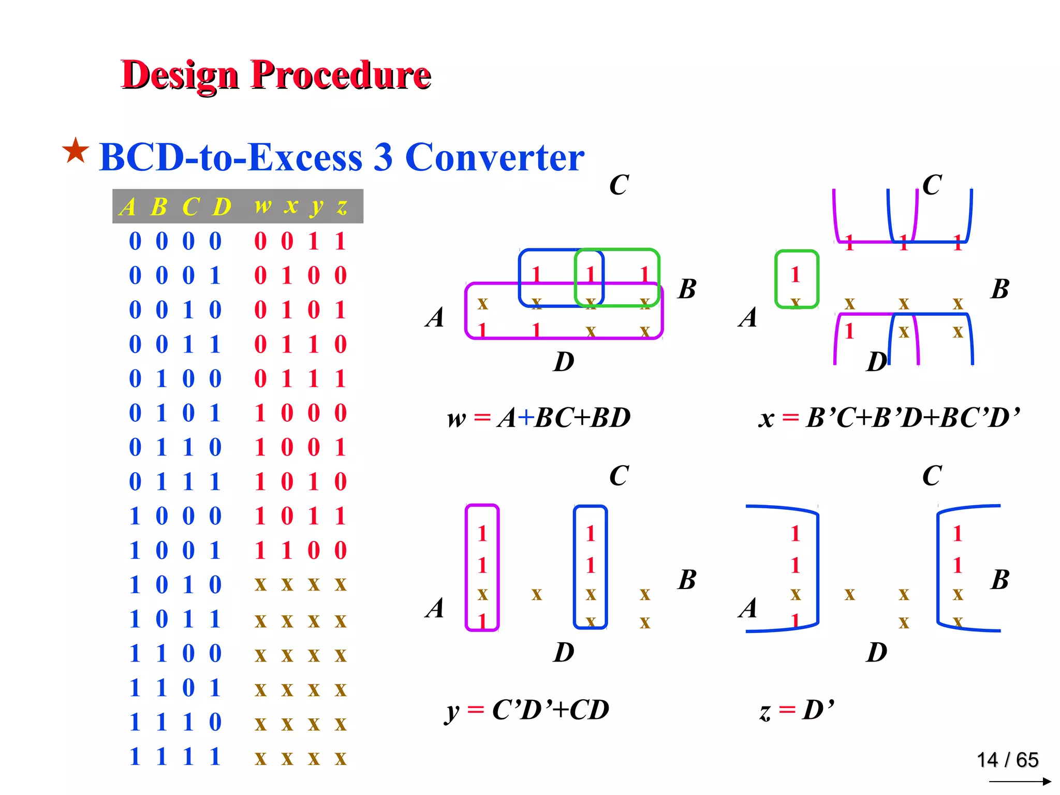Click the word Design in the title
[x=179, y=75]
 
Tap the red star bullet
[x=76, y=151]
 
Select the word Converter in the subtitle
[x=494, y=157]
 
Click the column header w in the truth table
[x=262, y=206]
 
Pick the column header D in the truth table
[x=222, y=207]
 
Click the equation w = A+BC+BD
[x=538, y=417]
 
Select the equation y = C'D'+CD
[x=527, y=709]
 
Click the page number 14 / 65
[x=1007, y=760]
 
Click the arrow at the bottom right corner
[x=1020, y=781]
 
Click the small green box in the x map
[x=797, y=279]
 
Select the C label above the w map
[x=619, y=185]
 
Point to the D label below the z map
[x=877, y=652]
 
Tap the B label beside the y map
[x=687, y=579]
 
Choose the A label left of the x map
[x=748, y=317]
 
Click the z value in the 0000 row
[x=340, y=241]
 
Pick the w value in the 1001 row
[x=260, y=550]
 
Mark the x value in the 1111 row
[x=287, y=758]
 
